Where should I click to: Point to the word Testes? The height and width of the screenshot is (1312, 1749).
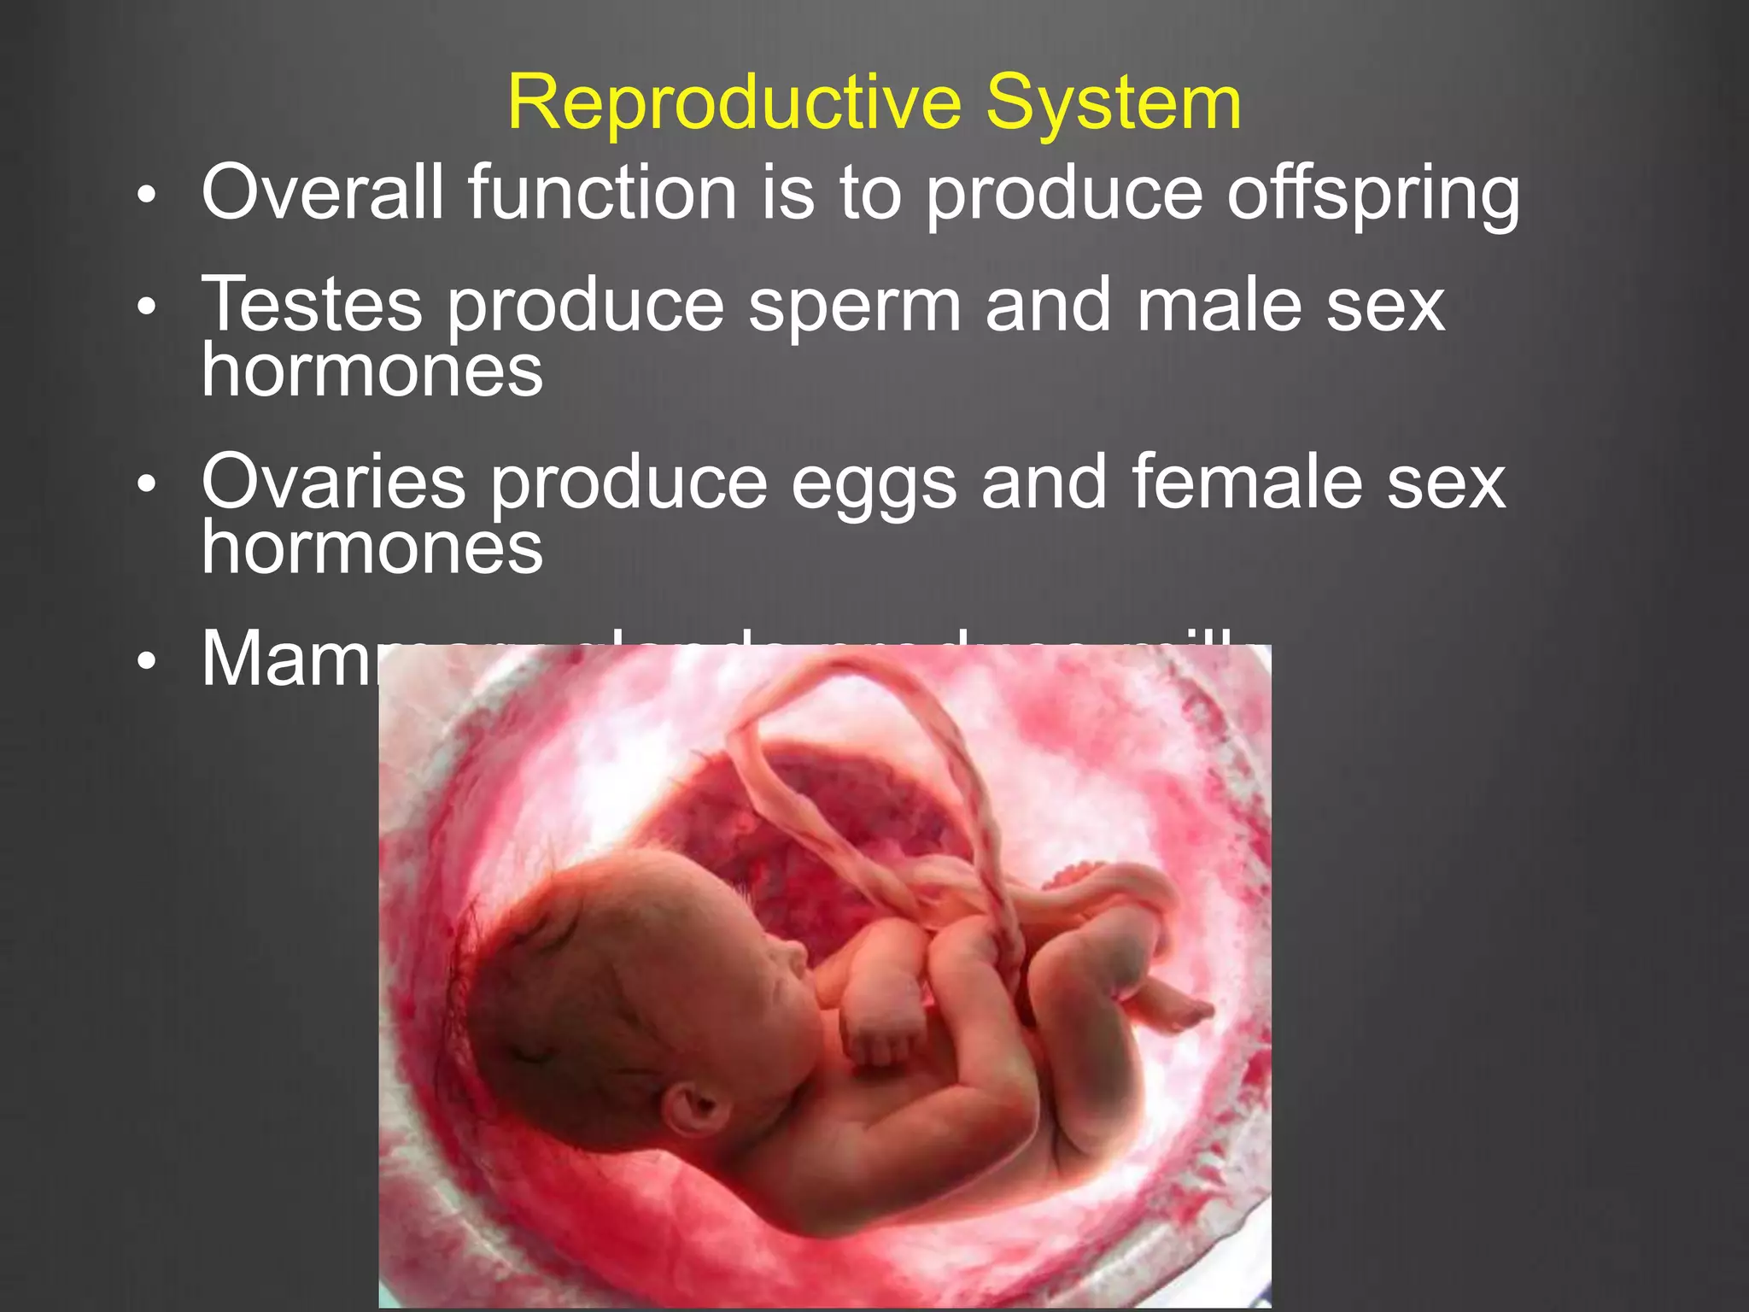[312, 305]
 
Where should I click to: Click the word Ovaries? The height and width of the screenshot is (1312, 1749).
[333, 483]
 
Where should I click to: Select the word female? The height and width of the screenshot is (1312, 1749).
[1247, 482]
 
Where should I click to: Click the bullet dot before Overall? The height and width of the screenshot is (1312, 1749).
[147, 196]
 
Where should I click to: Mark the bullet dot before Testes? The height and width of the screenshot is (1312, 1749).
[147, 307]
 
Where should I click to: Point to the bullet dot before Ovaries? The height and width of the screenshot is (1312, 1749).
[147, 485]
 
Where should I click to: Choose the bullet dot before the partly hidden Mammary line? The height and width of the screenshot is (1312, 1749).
[147, 661]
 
